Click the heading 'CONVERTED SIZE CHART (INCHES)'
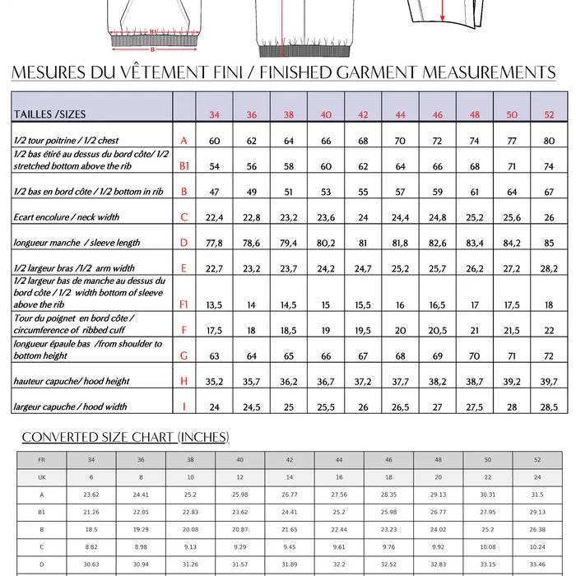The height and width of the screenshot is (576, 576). [125, 437]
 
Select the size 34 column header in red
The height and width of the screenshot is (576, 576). [214, 114]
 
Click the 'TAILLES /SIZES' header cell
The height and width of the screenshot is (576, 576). [50, 114]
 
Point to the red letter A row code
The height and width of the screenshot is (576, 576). [183, 141]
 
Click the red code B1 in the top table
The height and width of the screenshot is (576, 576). [184, 166]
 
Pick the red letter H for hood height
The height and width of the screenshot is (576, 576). [183, 381]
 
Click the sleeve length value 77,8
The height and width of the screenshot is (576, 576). [214, 243]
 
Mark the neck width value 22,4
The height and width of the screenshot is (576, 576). [214, 217]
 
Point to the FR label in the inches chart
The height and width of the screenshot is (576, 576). [41, 459]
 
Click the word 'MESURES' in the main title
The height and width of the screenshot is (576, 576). [53, 72]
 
